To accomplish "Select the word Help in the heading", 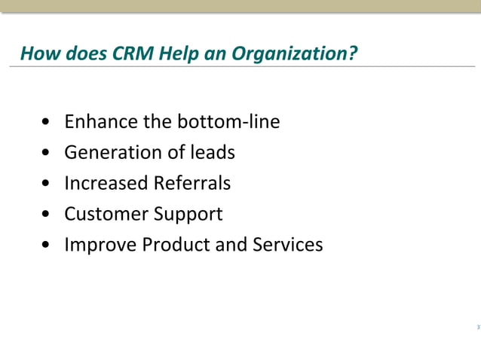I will coord(175,54).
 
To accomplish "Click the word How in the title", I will coord(36,54).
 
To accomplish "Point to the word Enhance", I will coord(96,121).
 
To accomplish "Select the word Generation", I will coord(109,152).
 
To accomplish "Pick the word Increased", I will coord(106,183).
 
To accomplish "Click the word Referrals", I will coord(192,183).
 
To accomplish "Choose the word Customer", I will coord(106,214).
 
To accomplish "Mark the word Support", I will coord(188,215).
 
